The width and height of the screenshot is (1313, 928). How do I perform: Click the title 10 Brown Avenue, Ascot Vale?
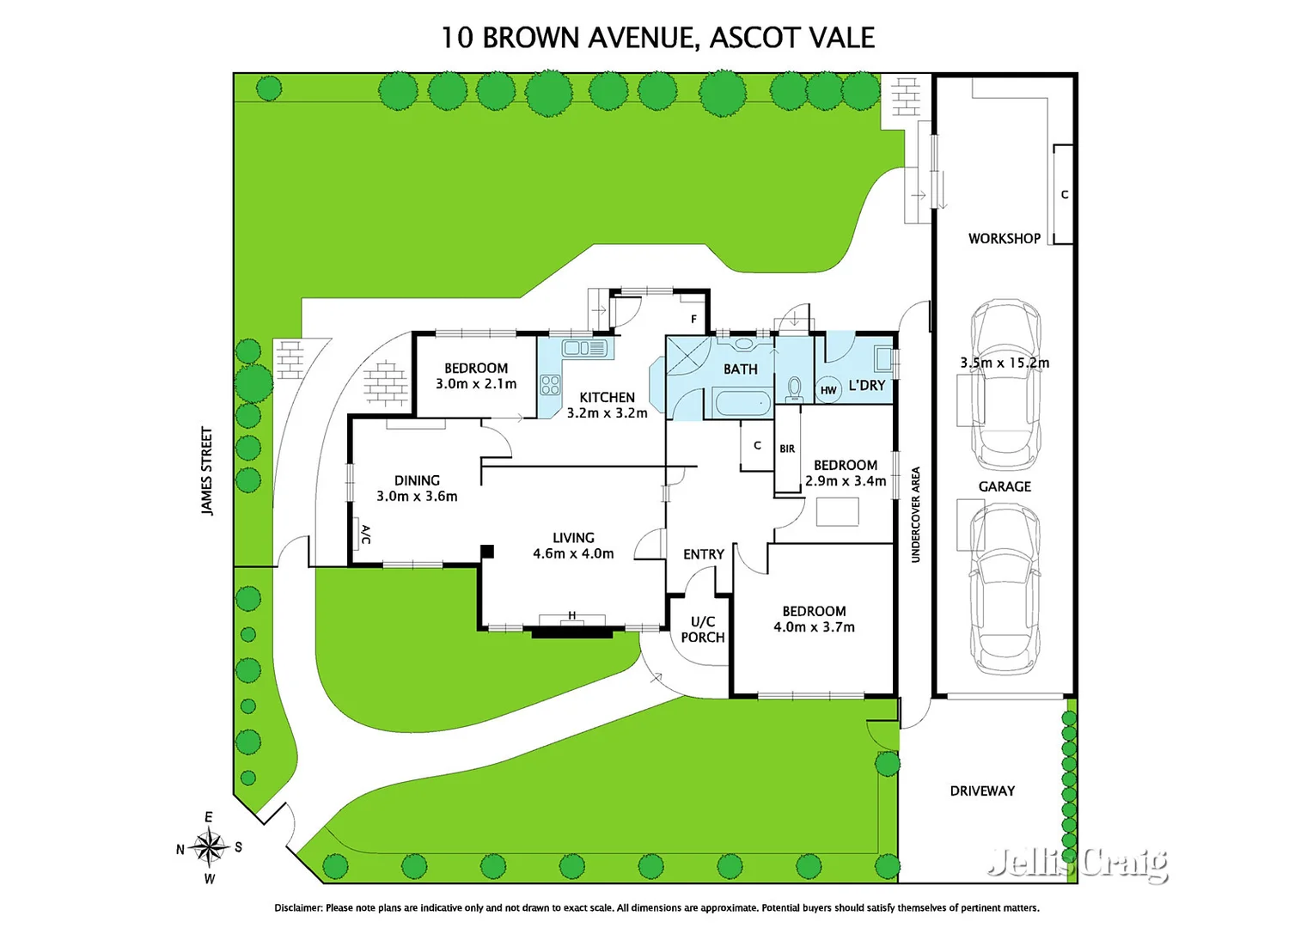pos(657,38)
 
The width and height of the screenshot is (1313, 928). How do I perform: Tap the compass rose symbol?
pos(209,847)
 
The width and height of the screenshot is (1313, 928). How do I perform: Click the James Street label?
pos(207,471)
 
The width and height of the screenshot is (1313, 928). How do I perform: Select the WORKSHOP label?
pos(1004,239)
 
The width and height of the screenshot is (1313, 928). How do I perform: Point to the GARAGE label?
pos(1004,486)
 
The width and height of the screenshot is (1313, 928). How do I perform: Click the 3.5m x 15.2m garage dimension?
pos(1004,363)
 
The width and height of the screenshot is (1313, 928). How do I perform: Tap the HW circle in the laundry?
pos(828,390)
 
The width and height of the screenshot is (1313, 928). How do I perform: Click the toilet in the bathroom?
pos(794,388)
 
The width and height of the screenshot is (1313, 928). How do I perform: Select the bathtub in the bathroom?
pos(742,402)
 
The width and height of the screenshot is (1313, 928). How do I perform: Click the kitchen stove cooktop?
pos(550,385)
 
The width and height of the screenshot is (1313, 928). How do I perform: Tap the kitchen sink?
pos(584,348)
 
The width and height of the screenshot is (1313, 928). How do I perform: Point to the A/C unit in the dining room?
pos(364,534)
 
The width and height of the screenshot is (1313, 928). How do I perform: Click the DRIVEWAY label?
pos(981,791)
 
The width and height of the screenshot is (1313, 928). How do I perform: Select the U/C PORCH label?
pos(702,629)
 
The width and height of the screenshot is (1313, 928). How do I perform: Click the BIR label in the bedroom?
pos(787,449)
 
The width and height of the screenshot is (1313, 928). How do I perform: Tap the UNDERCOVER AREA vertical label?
pos(915,515)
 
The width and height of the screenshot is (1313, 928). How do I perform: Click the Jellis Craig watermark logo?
pos(1078,862)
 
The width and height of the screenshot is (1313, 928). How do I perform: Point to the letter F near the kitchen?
pos(694,319)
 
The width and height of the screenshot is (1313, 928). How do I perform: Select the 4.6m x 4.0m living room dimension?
pos(573,554)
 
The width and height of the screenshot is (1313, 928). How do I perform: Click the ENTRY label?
pos(703,554)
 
